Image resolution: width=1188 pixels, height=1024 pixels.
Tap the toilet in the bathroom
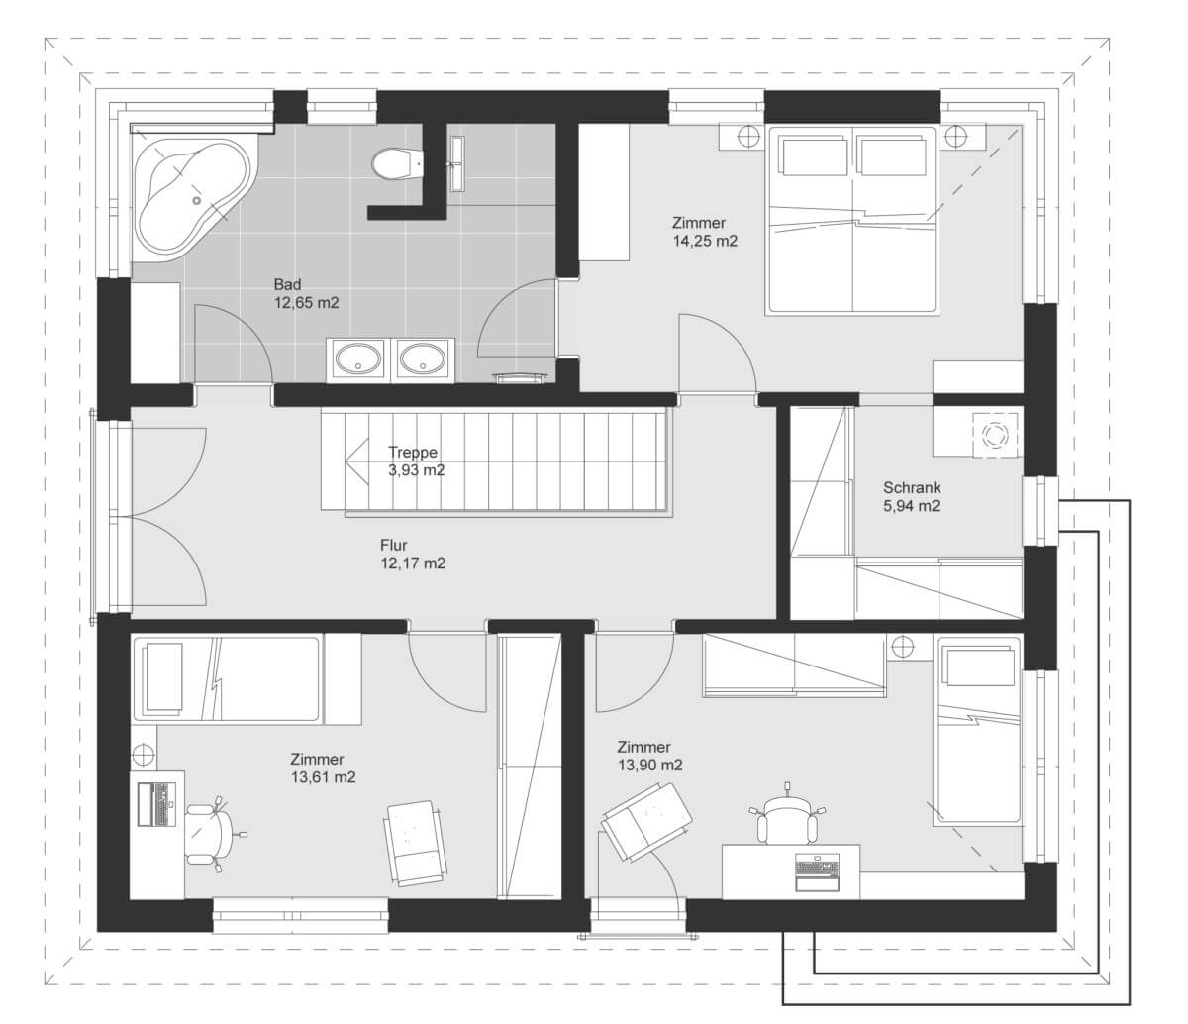coord(397,163)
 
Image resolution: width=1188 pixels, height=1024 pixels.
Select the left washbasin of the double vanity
coord(357,359)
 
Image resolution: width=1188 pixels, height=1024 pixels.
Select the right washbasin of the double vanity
coord(423,359)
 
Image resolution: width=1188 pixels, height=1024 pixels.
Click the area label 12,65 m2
coord(306,303)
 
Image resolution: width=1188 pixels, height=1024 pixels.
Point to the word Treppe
coord(413,452)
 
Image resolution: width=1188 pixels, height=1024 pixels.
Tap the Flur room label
coord(394,545)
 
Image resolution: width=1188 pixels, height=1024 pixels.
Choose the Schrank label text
coord(912,487)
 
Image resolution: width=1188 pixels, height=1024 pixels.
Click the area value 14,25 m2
coord(705,241)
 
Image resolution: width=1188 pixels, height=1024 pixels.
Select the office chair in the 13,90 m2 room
coord(786,814)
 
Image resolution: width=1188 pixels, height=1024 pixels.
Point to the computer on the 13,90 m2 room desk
coord(818,871)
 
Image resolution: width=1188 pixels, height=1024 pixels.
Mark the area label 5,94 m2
coord(912,506)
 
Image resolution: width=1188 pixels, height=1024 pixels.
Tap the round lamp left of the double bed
coord(748,137)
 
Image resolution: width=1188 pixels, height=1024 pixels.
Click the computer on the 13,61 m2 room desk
coord(156,804)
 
